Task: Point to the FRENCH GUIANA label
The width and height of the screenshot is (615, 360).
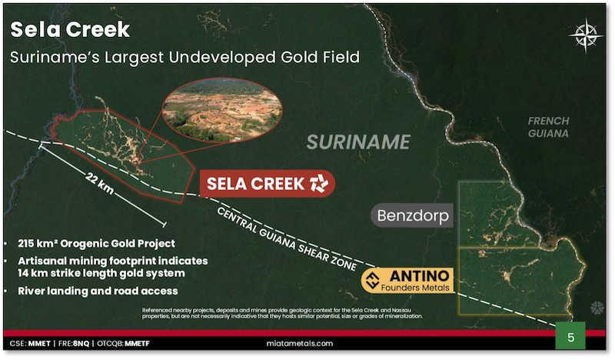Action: pos(548,127)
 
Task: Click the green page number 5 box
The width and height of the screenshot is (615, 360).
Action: pos(570,337)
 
